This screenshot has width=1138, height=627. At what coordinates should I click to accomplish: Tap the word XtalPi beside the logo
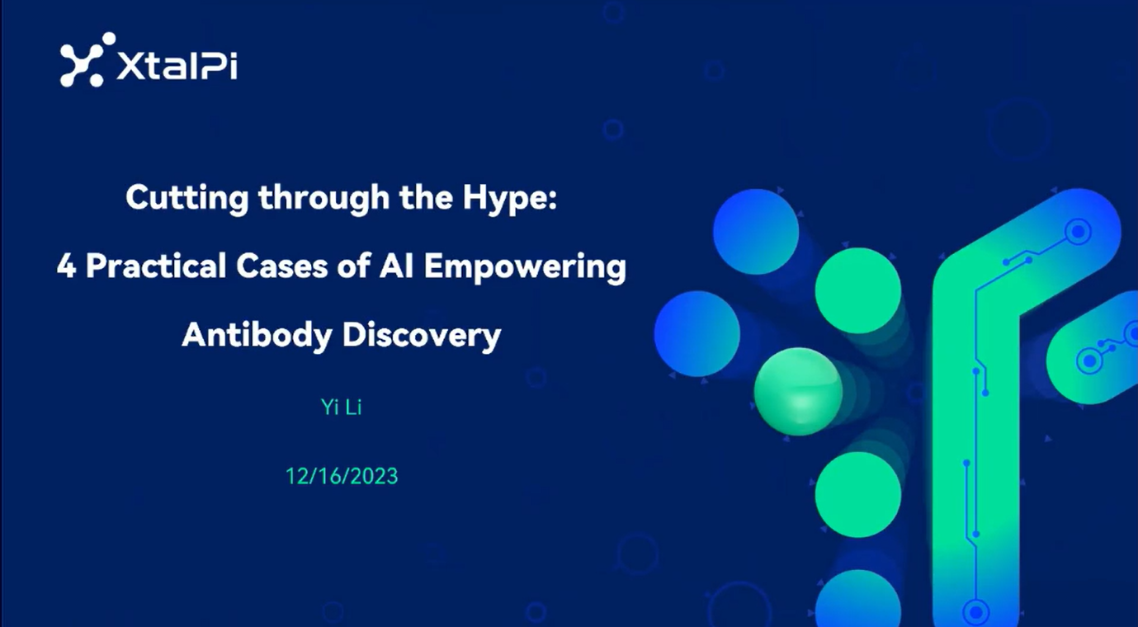(177, 65)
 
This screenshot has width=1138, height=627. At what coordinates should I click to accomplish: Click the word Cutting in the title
(187, 199)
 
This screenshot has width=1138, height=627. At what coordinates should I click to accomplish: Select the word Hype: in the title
(510, 199)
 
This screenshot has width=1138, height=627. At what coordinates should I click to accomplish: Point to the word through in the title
(323, 199)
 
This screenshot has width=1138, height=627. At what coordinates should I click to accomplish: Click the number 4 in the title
(67, 266)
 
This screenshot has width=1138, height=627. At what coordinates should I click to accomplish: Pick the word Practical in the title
(156, 266)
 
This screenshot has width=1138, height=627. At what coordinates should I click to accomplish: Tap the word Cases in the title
(282, 266)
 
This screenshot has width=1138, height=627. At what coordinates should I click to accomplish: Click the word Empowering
(526, 267)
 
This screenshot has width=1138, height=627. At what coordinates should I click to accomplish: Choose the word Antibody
(257, 336)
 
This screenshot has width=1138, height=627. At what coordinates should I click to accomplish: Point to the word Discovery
(422, 336)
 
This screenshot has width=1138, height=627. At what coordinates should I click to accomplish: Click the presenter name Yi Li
(341, 408)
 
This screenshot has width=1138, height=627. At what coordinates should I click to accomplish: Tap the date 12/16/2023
(342, 476)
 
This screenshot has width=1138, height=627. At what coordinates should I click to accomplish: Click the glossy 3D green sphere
(798, 391)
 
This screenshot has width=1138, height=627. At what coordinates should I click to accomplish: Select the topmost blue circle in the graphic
(756, 232)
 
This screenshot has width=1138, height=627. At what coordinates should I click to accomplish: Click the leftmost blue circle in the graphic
(697, 333)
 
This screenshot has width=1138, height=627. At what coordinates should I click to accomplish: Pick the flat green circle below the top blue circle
(858, 290)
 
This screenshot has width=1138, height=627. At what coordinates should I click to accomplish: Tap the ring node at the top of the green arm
(1078, 232)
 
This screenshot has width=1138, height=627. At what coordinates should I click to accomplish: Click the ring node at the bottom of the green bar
(976, 612)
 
